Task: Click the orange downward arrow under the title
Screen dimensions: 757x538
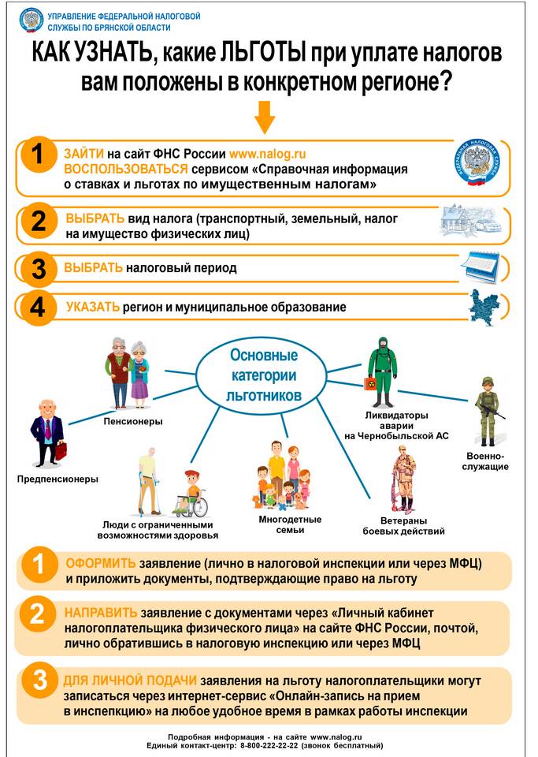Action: coord(265,119)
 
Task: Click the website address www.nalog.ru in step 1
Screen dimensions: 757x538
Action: coord(267,154)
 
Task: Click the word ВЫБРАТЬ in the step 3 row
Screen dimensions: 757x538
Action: coord(94,268)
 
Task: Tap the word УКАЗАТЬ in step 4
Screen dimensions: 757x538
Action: coord(93,307)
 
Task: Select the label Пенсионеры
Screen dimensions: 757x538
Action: coord(133,421)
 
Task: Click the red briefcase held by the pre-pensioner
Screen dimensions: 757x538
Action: coord(61,451)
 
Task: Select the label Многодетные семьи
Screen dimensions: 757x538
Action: coord(279,524)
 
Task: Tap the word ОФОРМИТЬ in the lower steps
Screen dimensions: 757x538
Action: coord(100,565)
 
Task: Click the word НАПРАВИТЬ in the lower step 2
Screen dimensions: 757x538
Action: coord(101,613)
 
